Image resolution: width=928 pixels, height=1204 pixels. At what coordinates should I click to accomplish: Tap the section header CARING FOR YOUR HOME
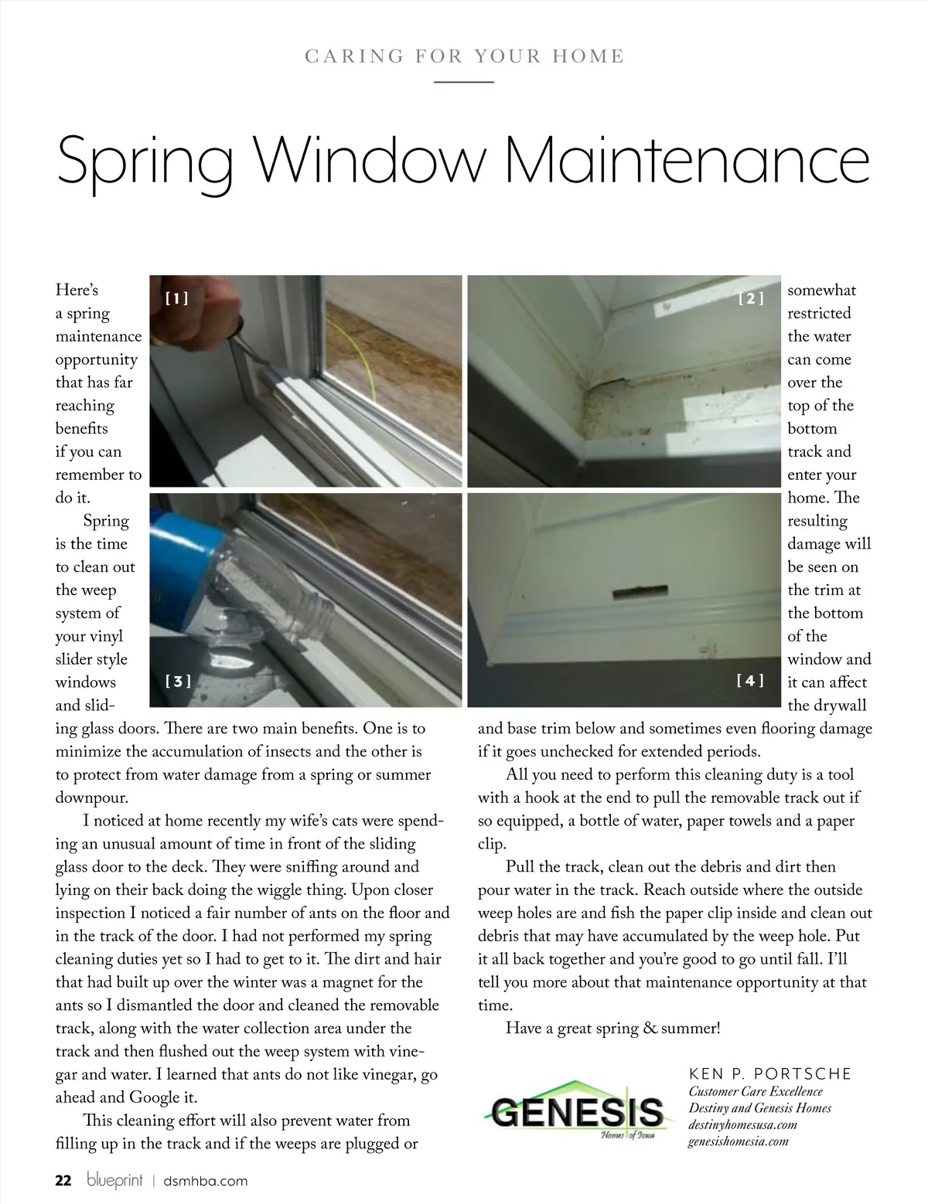[464, 56]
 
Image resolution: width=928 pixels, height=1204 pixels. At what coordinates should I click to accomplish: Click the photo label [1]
[177, 298]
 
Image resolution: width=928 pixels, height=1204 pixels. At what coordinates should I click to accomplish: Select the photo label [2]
[751, 298]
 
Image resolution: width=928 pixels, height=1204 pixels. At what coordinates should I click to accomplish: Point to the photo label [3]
[178, 681]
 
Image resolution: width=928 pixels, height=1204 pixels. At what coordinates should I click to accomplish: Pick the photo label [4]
[750, 680]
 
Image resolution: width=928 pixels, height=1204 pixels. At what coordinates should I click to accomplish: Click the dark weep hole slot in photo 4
[639, 593]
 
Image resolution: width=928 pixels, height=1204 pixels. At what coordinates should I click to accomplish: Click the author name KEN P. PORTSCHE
[769, 1074]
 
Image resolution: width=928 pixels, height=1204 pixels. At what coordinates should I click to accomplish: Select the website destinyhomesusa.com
[742, 1124]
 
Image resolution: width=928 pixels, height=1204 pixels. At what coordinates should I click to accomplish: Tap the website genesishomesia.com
[738, 1141]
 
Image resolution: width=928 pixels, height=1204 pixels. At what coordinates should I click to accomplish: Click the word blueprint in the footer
[115, 1181]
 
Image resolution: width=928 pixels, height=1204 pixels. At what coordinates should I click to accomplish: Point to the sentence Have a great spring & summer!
[612, 1029]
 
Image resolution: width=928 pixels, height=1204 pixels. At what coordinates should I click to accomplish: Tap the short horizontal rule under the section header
[464, 81]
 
